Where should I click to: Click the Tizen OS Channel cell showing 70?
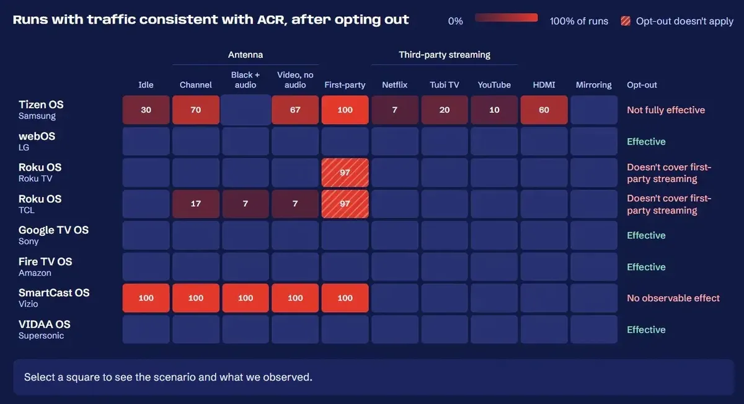coord(196,110)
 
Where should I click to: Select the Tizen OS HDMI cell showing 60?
coord(544,110)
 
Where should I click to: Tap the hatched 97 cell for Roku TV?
coord(345,173)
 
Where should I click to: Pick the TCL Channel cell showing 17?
coord(196,204)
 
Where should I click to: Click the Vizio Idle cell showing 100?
coord(146,298)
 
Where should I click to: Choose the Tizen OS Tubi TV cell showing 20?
coord(445,110)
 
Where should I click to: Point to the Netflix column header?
coord(394,85)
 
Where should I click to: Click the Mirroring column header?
coord(593,85)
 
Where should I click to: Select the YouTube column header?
coord(494,85)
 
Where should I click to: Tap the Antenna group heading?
coord(246,55)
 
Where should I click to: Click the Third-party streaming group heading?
coord(445,55)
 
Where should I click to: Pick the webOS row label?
coord(37,136)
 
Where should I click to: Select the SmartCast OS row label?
coord(54,293)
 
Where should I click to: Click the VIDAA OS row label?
coord(45,324)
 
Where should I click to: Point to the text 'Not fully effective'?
coord(666,110)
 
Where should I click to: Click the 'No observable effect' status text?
coord(673,298)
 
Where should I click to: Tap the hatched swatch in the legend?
coord(626,21)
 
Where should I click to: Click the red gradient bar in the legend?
coord(506,17)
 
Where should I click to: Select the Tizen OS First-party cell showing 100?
coord(345,110)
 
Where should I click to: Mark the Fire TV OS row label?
coord(45,261)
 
